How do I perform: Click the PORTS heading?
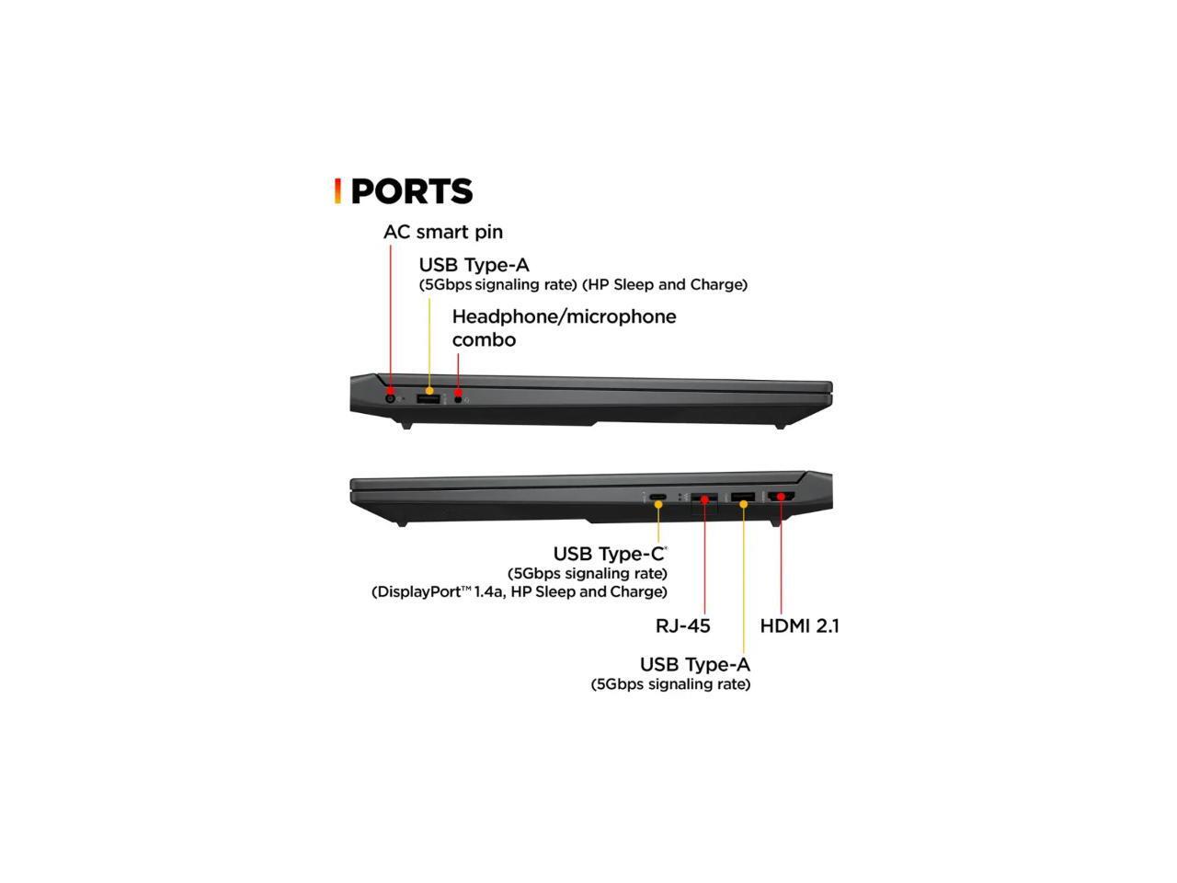coord(411,191)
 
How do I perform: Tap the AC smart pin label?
coord(442,232)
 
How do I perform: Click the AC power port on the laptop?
coord(390,398)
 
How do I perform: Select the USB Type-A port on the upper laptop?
coord(429,398)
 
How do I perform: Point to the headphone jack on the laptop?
coord(458,399)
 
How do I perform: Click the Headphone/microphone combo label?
coord(563,327)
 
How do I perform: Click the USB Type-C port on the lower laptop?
coord(658,499)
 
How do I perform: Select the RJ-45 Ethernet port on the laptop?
coord(704,499)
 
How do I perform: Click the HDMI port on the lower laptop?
coord(782,498)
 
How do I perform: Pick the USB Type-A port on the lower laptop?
coord(743,498)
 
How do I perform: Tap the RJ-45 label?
coord(682,625)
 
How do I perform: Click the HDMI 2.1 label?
coord(799,625)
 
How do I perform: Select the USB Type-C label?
coord(609,554)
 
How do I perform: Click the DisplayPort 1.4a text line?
coord(520,591)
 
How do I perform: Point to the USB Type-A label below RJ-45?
coord(694,664)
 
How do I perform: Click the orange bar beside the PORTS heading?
coord(338,191)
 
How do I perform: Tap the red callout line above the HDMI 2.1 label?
coord(781,561)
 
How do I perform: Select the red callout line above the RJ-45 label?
coord(704,561)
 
